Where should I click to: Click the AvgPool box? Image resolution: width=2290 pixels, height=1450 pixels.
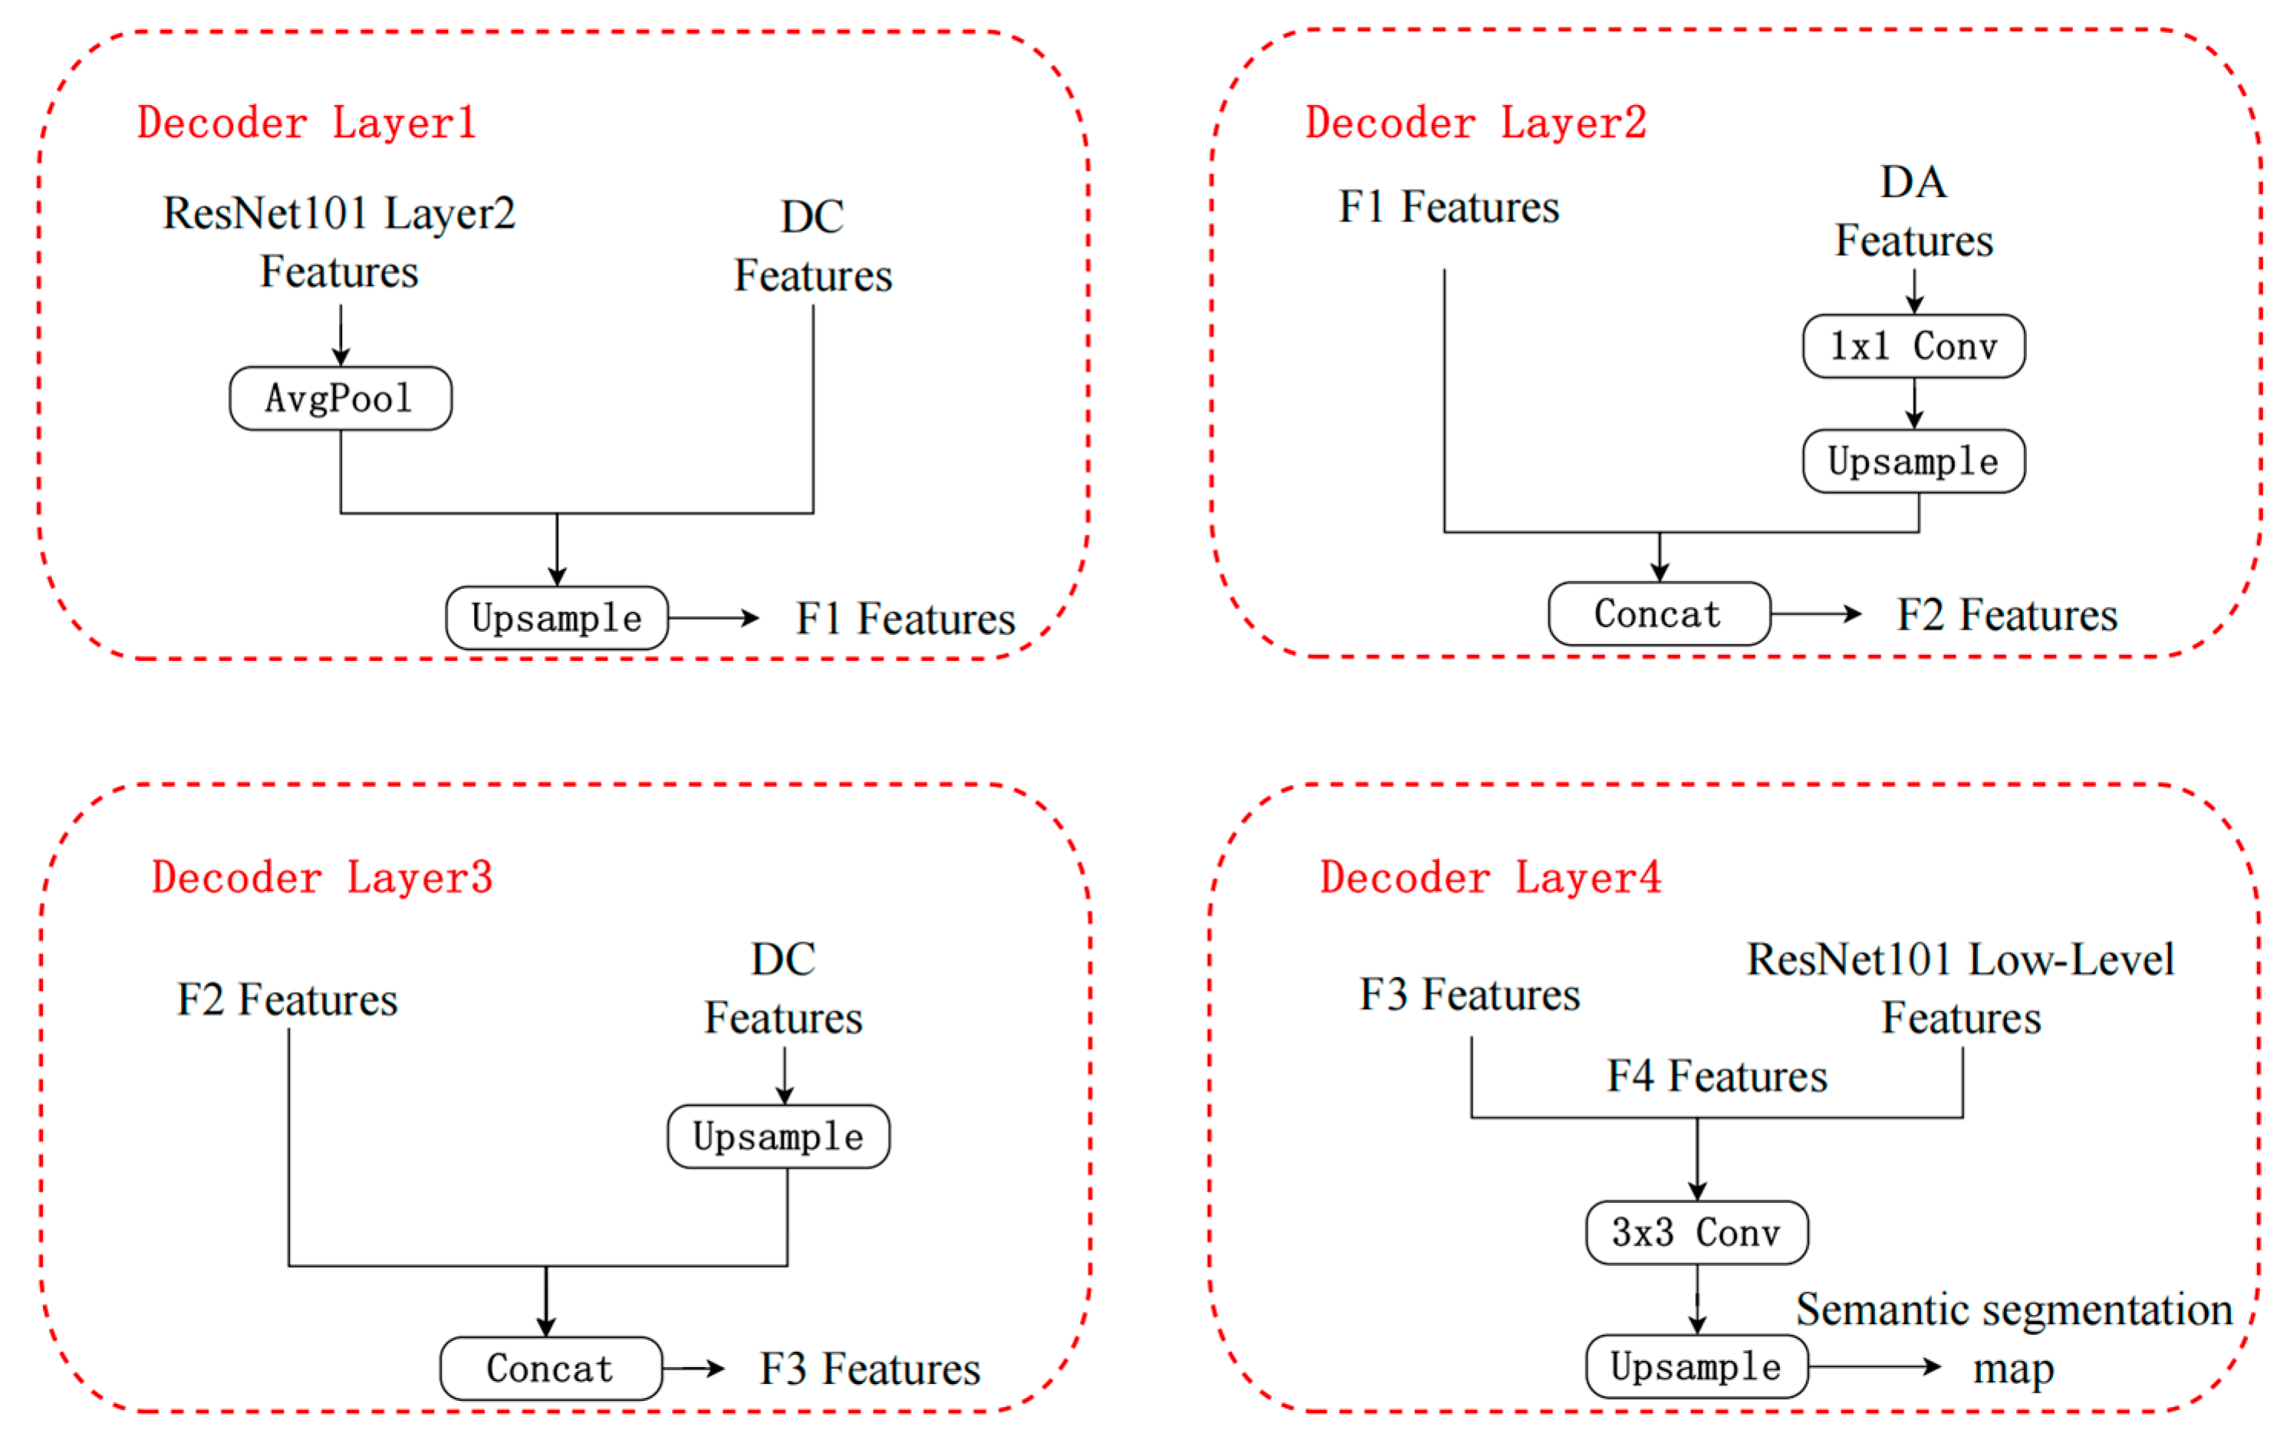[341, 399]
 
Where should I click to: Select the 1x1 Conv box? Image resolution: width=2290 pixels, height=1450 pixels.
[1913, 346]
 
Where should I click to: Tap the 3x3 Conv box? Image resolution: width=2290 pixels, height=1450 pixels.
[1696, 1232]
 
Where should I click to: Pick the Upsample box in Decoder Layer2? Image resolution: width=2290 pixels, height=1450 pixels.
[1913, 461]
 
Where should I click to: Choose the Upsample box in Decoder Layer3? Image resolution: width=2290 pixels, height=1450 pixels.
[778, 1136]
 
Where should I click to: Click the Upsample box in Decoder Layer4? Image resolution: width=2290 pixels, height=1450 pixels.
[1696, 1366]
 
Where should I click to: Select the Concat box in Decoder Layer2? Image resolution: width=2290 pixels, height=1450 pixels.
[1659, 614]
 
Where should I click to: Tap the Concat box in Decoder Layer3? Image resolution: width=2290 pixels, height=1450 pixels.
[551, 1368]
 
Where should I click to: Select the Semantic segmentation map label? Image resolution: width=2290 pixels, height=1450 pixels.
[2013, 1338]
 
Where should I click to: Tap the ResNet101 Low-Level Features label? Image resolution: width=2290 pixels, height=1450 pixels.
[1960, 988]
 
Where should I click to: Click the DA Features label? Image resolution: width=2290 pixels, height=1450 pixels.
[1913, 211]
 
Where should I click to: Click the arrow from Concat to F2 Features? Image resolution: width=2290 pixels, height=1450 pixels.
[1815, 614]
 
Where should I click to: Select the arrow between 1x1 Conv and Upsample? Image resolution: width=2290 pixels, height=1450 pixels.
[1913, 403]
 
